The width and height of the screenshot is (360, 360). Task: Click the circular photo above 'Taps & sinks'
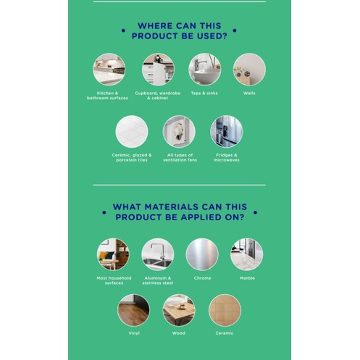click(x=204, y=70)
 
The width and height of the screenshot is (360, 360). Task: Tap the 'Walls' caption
click(x=249, y=93)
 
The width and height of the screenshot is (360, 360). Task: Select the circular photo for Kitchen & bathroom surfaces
click(x=109, y=70)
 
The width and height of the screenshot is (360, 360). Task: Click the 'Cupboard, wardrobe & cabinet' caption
click(x=158, y=96)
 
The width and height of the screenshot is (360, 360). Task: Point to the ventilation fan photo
click(x=179, y=132)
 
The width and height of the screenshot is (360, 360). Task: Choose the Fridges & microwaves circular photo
click(x=227, y=132)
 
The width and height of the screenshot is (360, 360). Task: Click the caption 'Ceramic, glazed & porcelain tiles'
click(x=132, y=157)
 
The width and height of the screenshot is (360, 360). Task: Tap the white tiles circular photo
click(x=132, y=132)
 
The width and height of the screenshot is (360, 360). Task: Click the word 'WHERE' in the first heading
click(x=155, y=26)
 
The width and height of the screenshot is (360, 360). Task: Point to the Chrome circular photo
click(x=202, y=254)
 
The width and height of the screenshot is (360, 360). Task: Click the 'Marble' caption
click(x=247, y=278)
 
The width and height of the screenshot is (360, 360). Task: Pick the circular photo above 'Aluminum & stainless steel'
click(x=158, y=254)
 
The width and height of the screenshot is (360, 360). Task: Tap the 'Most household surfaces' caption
click(x=114, y=280)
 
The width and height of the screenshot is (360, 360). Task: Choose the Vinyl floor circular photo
click(x=133, y=310)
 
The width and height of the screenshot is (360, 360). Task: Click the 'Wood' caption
click(x=179, y=333)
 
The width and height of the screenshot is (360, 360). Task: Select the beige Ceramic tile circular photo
click(x=225, y=310)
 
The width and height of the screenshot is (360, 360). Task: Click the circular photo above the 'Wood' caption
click(x=179, y=310)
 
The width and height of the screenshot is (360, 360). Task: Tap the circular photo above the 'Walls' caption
click(x=249, y=70)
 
